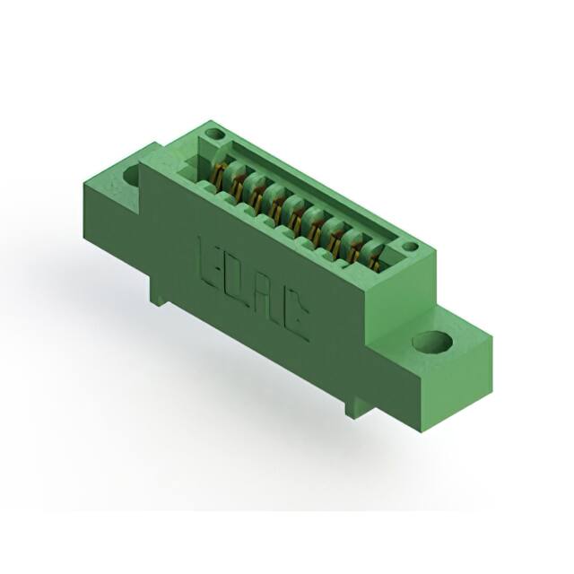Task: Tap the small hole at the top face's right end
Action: tap(409, 246)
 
